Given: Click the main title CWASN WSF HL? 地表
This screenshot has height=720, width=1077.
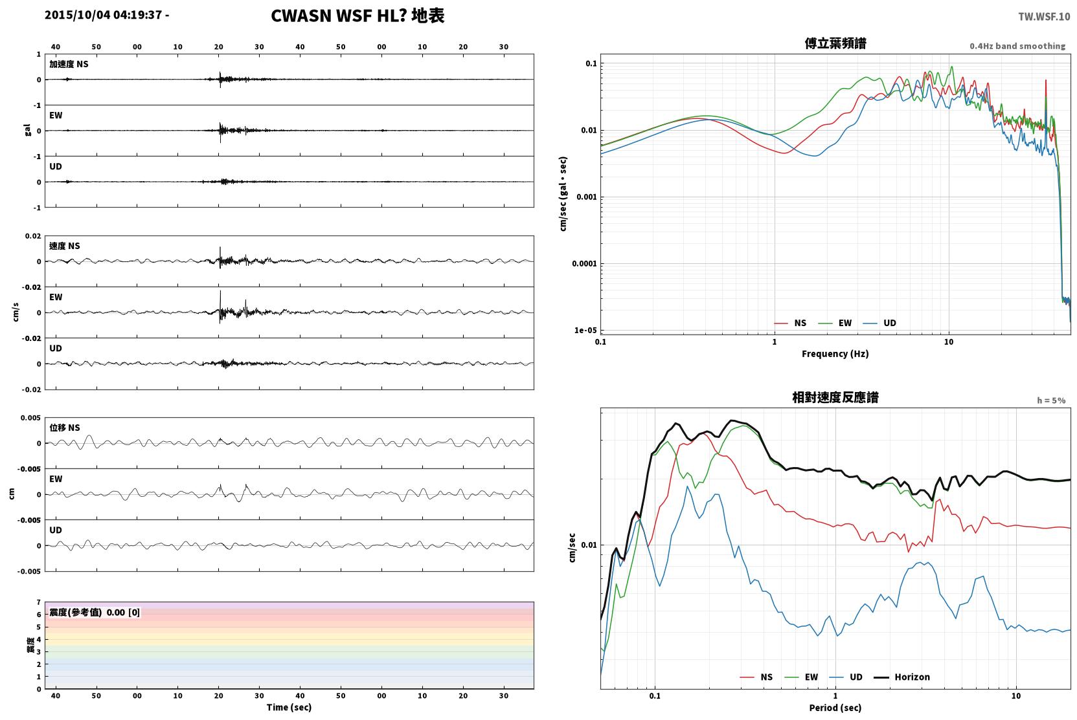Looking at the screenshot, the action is click(x=357, y=16).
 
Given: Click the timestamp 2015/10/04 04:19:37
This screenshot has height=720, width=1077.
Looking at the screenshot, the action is click(x=104, y=15).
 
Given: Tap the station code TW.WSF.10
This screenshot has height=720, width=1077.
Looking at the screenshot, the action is click(x=1044, y=17).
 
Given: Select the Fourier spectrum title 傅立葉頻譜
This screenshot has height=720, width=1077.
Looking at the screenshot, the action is click(x=835, y=44).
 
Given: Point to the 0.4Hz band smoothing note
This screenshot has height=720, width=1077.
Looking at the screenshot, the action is click(x=1017, y=46).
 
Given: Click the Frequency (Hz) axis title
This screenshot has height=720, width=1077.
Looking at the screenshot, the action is click(x=835, y=354).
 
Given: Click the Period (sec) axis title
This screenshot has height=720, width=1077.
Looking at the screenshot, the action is click(x=835, y=708).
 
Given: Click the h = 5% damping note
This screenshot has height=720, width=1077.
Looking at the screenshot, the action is click(x=1051, y=400).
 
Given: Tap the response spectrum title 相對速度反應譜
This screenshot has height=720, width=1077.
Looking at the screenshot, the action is click(x=835, y=398).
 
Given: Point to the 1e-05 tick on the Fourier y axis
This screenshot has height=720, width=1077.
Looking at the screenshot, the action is click(x=585, y=331).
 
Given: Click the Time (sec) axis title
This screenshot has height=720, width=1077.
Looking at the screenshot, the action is click(x=289, y=708).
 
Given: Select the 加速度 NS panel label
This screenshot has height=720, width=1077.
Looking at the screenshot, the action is click(x=69, y=64).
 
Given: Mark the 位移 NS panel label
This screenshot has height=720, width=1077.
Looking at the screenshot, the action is click(x=64, y=428).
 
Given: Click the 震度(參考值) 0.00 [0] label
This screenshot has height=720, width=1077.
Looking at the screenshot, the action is click(x=95, y=613).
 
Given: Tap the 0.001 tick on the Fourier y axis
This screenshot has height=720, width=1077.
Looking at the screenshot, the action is click(x=586, y=197).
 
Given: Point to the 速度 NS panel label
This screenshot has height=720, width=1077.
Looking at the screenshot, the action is click(x=64, y=246).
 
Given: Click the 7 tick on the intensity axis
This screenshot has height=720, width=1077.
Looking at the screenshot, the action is click(x=39, y=602).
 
